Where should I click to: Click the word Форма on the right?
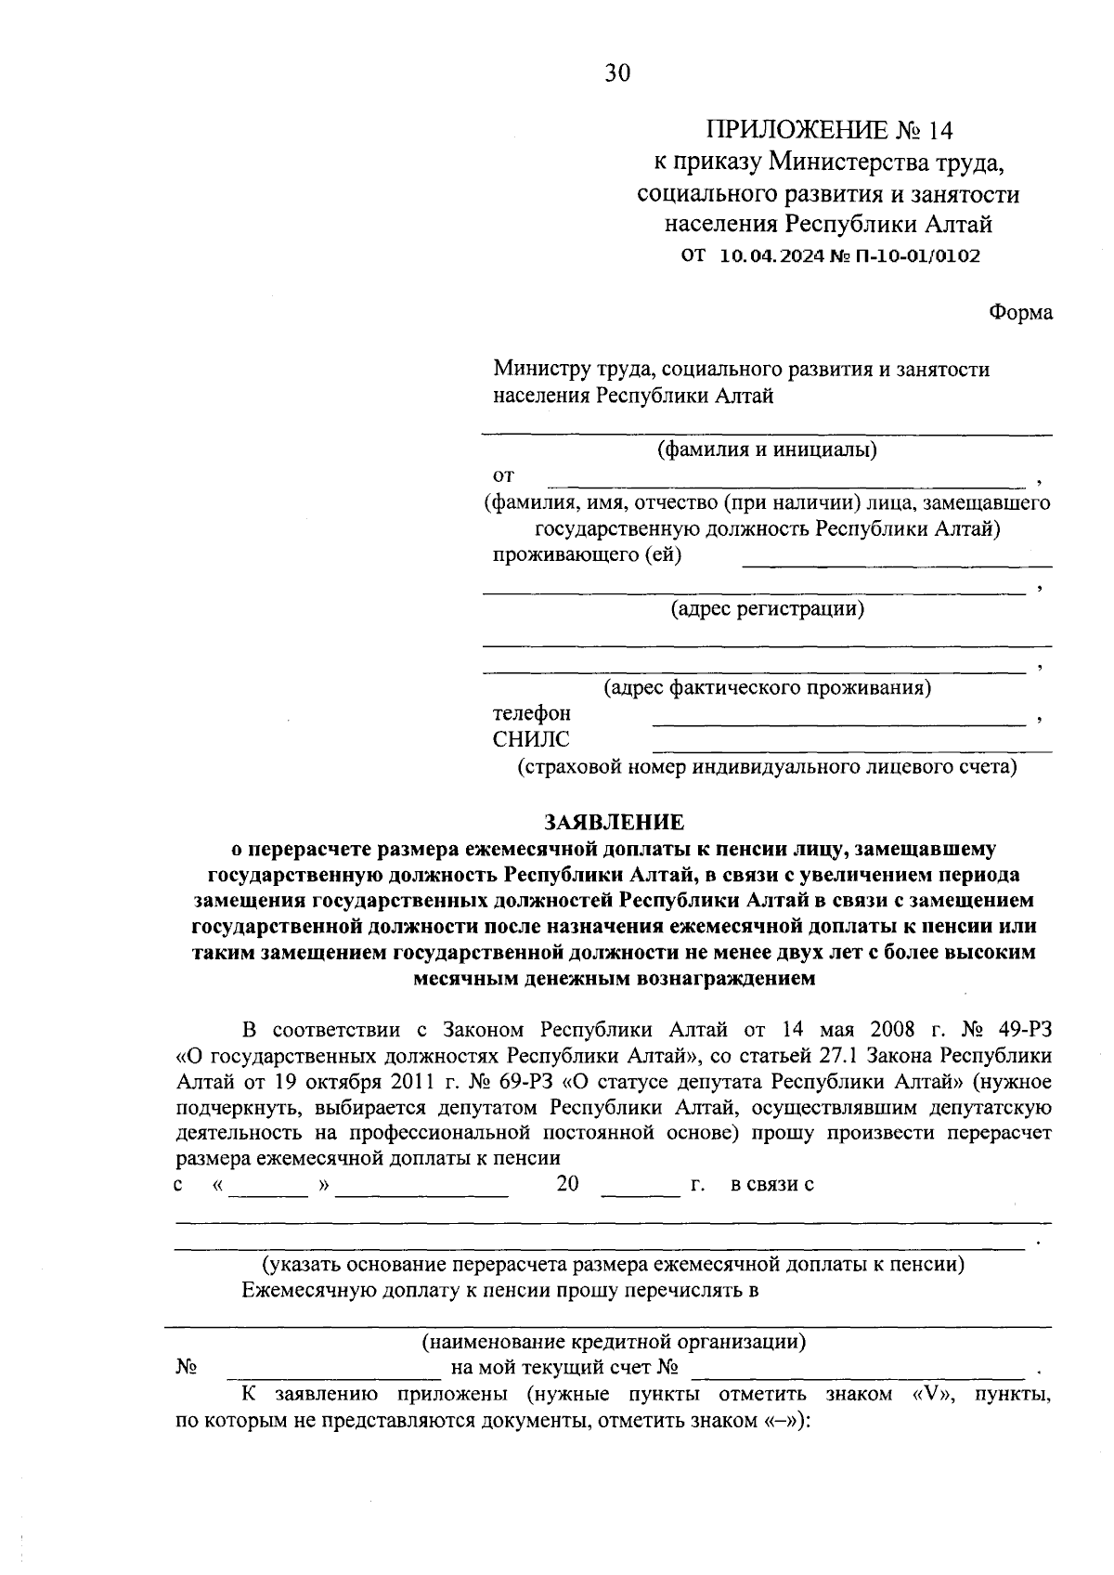coord(1020,313)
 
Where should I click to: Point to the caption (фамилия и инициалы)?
coord(767,450)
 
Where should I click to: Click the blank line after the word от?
coord(785,481)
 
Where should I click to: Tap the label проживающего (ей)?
coord(587,555)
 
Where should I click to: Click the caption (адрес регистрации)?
coord(767,609)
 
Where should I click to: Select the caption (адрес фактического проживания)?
coord(767,688)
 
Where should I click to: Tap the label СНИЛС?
coord(531,740)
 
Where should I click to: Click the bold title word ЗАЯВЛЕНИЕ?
coord(614,822)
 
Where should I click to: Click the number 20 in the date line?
coord(567,1184)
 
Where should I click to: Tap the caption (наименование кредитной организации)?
coord(614,1342)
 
